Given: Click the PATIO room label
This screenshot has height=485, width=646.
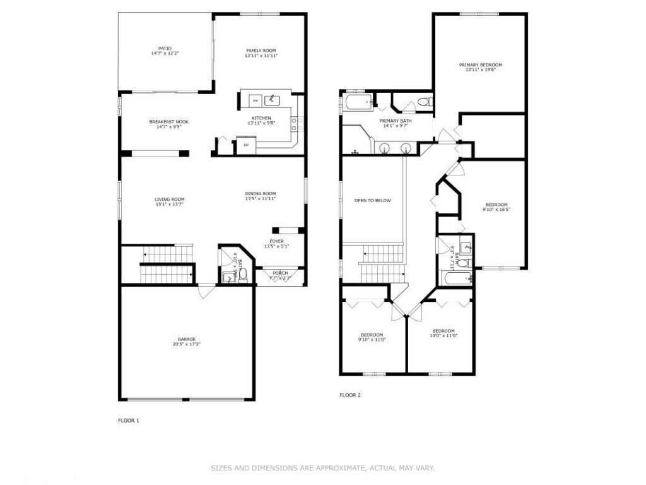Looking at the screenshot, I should click(x=165, y=48).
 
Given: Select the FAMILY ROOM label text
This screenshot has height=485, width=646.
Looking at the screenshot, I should click(x=261, y=51).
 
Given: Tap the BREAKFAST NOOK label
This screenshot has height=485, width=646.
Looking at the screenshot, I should click(x=168, y=122).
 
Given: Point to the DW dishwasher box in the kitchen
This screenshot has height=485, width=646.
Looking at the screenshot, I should click(x=255, y=101).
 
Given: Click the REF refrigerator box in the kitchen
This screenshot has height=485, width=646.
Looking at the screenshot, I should click(x=245, y=145).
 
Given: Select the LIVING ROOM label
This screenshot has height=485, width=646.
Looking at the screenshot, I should click(x=169, y=199).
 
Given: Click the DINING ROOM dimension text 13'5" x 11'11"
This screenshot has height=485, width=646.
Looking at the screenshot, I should click(x=261, y=199).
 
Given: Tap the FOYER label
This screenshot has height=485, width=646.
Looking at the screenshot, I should click(x=276, y=241).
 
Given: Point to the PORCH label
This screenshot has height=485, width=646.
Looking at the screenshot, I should click(x=280, y=273).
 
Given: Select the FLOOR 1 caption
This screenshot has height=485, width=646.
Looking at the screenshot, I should click(x=129, y=420).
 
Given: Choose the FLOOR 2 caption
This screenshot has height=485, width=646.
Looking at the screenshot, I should click(x=350, y=395).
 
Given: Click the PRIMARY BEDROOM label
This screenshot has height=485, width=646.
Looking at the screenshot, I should click(x=480, y=64).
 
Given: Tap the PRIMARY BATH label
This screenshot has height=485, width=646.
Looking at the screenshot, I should click(x=396, y=121).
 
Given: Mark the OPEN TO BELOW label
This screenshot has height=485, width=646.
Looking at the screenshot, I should click(x=372, y=201).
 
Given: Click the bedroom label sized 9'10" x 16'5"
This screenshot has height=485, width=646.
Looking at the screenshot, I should click(x=496, y=205).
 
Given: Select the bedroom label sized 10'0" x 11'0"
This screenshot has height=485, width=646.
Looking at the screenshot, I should click(x=443, y=331).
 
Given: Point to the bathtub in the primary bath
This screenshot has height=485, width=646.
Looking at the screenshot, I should click(x=358, y=102).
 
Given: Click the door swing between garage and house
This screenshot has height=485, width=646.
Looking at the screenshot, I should click(x=206, y=291).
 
